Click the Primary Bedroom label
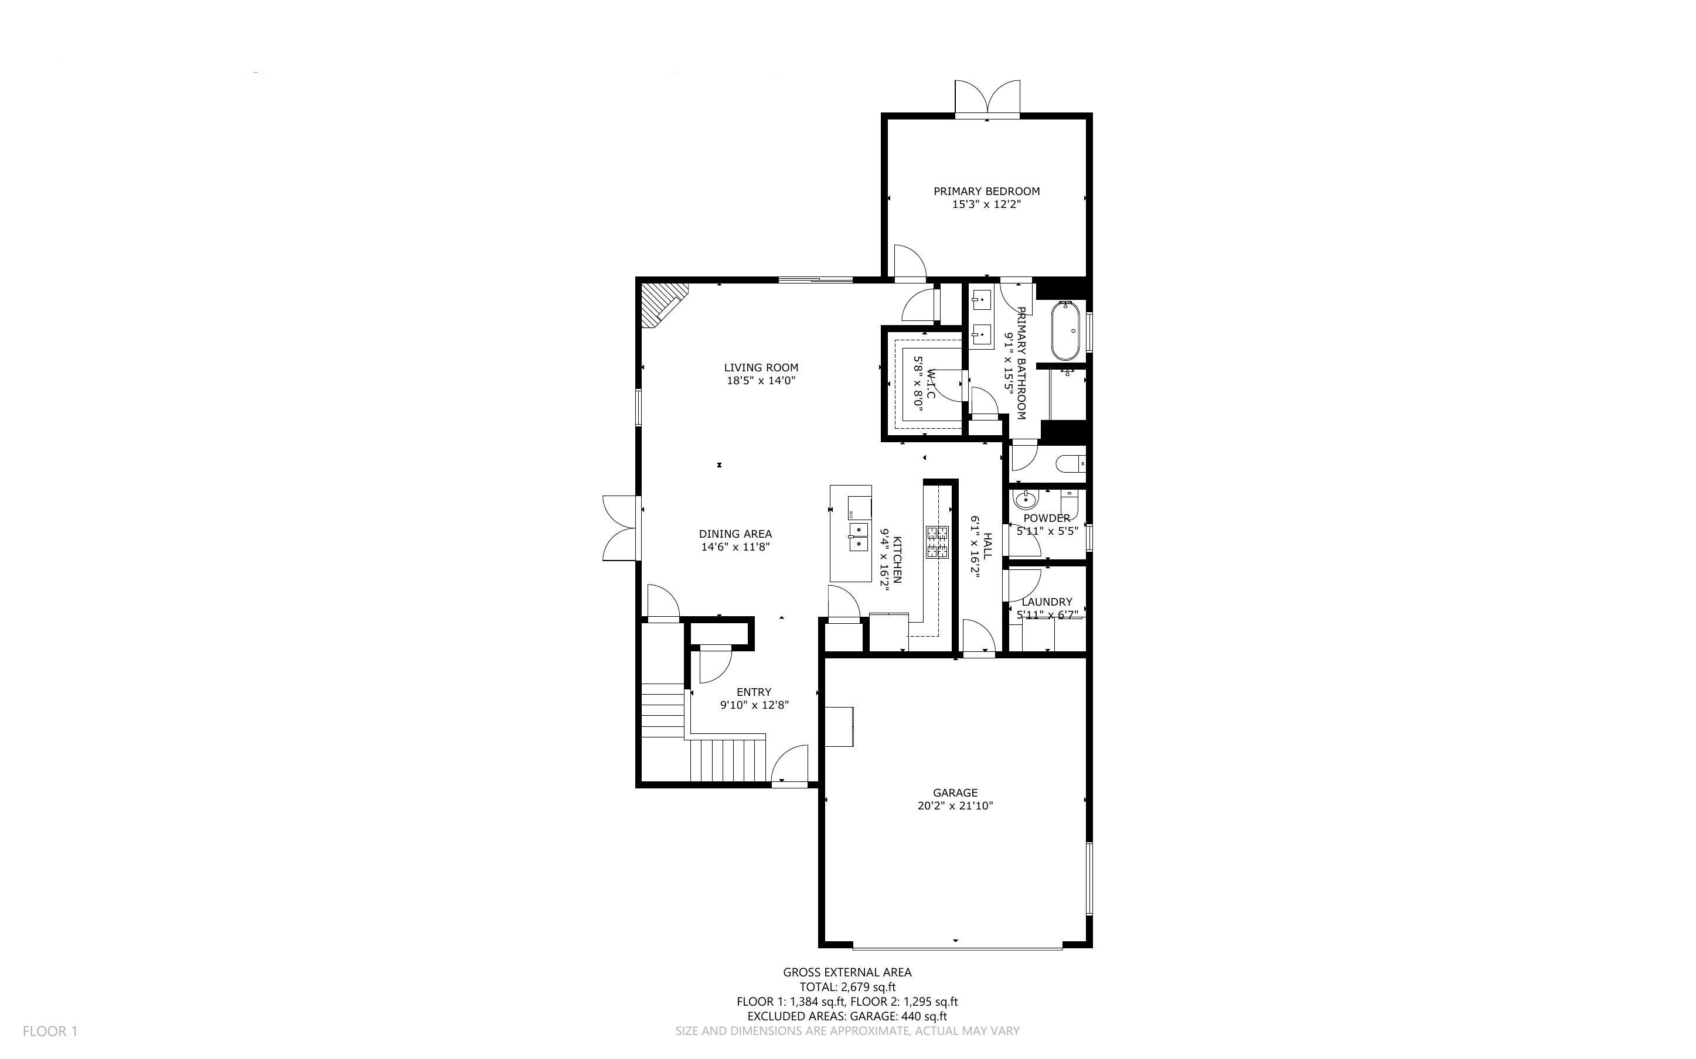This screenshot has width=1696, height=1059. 986,191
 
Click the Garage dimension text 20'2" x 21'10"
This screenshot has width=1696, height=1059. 955,806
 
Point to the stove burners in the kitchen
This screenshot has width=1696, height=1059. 937,542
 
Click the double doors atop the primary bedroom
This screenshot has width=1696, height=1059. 987,98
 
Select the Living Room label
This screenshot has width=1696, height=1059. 761,368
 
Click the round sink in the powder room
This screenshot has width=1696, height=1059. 1026,500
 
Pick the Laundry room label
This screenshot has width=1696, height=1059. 1047,602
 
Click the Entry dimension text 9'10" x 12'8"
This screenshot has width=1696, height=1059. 754,705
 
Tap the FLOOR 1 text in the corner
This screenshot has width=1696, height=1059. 50,1031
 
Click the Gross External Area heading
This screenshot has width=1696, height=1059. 847,972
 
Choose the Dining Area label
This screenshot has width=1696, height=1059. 735,534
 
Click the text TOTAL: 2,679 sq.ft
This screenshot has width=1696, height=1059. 847,987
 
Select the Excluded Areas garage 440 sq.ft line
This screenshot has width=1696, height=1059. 847,1016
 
